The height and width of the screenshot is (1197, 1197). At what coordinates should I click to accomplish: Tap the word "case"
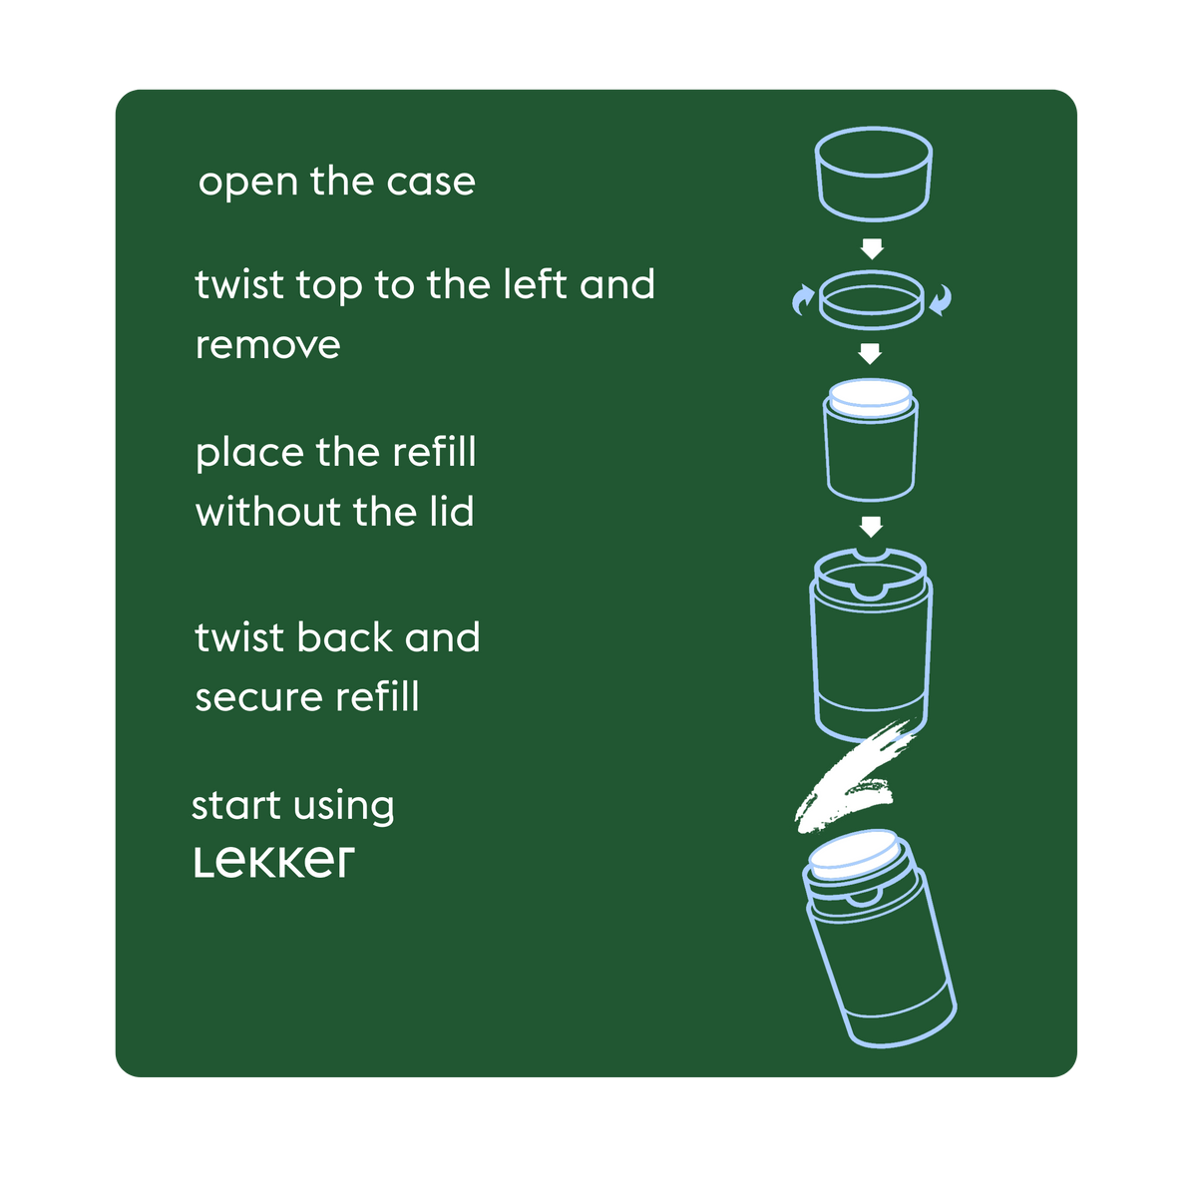(431, 182)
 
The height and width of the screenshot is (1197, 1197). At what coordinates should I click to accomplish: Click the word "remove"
(267, 346)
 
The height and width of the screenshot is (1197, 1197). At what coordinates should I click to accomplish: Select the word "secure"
(259, 697)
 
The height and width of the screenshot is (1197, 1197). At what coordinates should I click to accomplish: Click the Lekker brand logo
(274, 862)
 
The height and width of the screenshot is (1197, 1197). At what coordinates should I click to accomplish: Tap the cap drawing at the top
(873, 174)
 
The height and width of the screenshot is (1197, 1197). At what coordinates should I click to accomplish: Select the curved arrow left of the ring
(803, 300)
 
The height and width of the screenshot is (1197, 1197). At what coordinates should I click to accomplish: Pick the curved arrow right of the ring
(941, 300)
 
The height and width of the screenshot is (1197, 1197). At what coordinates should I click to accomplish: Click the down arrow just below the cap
(872, 249)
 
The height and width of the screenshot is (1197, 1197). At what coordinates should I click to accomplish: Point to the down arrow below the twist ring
(870, 353)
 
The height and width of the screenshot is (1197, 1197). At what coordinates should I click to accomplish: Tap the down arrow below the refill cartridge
(871, 527)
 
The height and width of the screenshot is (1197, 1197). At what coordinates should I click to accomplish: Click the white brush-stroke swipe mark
(853, 775)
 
